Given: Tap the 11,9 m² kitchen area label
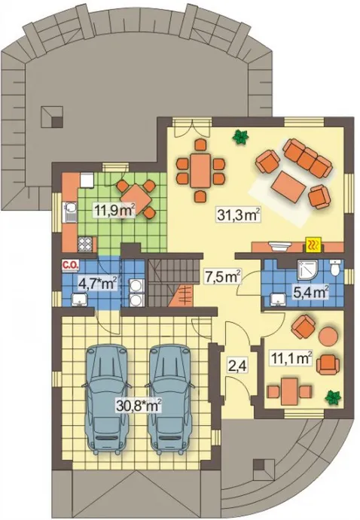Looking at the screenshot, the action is coord(114,210).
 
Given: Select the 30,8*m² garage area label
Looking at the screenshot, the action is coord(139,405).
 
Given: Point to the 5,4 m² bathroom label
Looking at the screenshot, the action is coord(311,292).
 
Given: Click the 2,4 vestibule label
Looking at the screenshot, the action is coord(236,367).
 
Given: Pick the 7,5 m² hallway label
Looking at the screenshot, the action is coord(222,277).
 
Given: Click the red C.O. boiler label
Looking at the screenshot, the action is coord(70,265).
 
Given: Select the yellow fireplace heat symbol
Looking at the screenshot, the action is coord(313,245).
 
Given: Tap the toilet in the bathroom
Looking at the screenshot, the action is coord(336,267).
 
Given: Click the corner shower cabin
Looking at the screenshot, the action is coord(307,269).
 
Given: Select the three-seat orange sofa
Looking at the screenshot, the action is coord(307,157).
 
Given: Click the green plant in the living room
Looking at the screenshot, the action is coord(241,137).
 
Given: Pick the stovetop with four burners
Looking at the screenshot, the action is coord(85,244).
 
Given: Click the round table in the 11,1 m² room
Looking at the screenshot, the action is coord(327,336).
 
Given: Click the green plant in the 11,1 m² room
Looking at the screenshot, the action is coord(333,397).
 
